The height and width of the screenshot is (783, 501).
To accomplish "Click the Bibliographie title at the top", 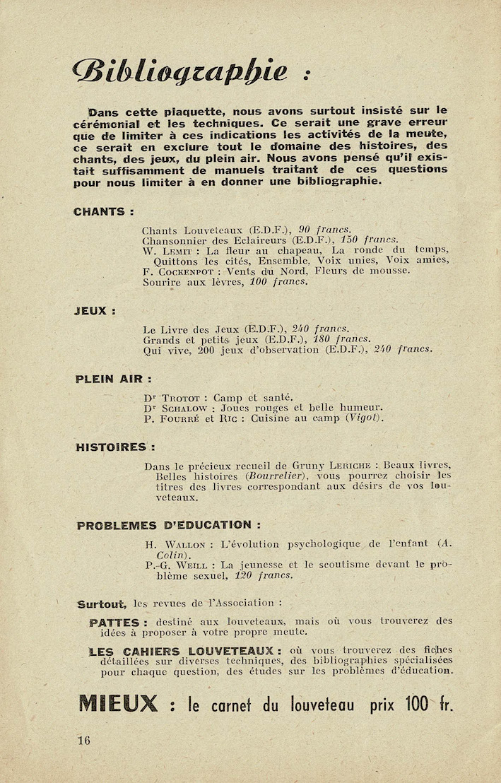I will [181, 71].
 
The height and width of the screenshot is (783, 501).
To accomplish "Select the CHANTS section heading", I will [102, 211].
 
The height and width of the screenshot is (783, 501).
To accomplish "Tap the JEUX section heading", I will [95, 310].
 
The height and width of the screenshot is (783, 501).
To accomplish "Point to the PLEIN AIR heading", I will [113, 379].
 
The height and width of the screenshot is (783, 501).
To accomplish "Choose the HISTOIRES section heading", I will [115, 447].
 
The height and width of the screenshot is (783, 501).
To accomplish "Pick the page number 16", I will [85, 741].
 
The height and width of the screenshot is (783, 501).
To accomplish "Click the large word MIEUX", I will [118, 704].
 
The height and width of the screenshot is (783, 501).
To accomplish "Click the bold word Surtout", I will [102, 604].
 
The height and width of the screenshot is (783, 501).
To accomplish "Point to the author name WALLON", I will [185, 545].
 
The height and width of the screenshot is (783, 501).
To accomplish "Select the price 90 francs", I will [324, 230].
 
